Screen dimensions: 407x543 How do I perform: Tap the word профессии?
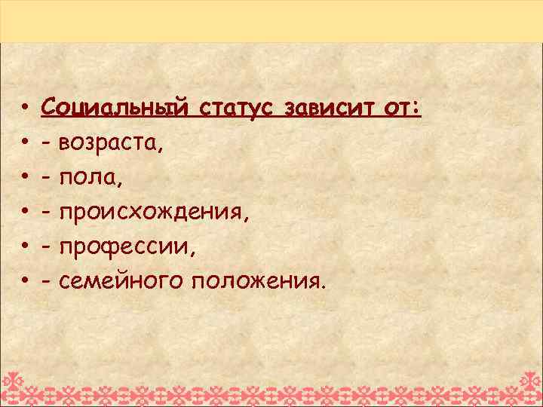126,246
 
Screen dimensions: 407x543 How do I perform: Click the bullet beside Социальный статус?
25,109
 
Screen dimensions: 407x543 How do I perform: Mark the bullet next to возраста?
25,143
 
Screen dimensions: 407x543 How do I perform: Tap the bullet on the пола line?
25,178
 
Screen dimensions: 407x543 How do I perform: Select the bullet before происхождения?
25,213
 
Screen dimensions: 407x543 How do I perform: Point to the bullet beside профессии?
25,247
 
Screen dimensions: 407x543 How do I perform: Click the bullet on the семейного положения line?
25,282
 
